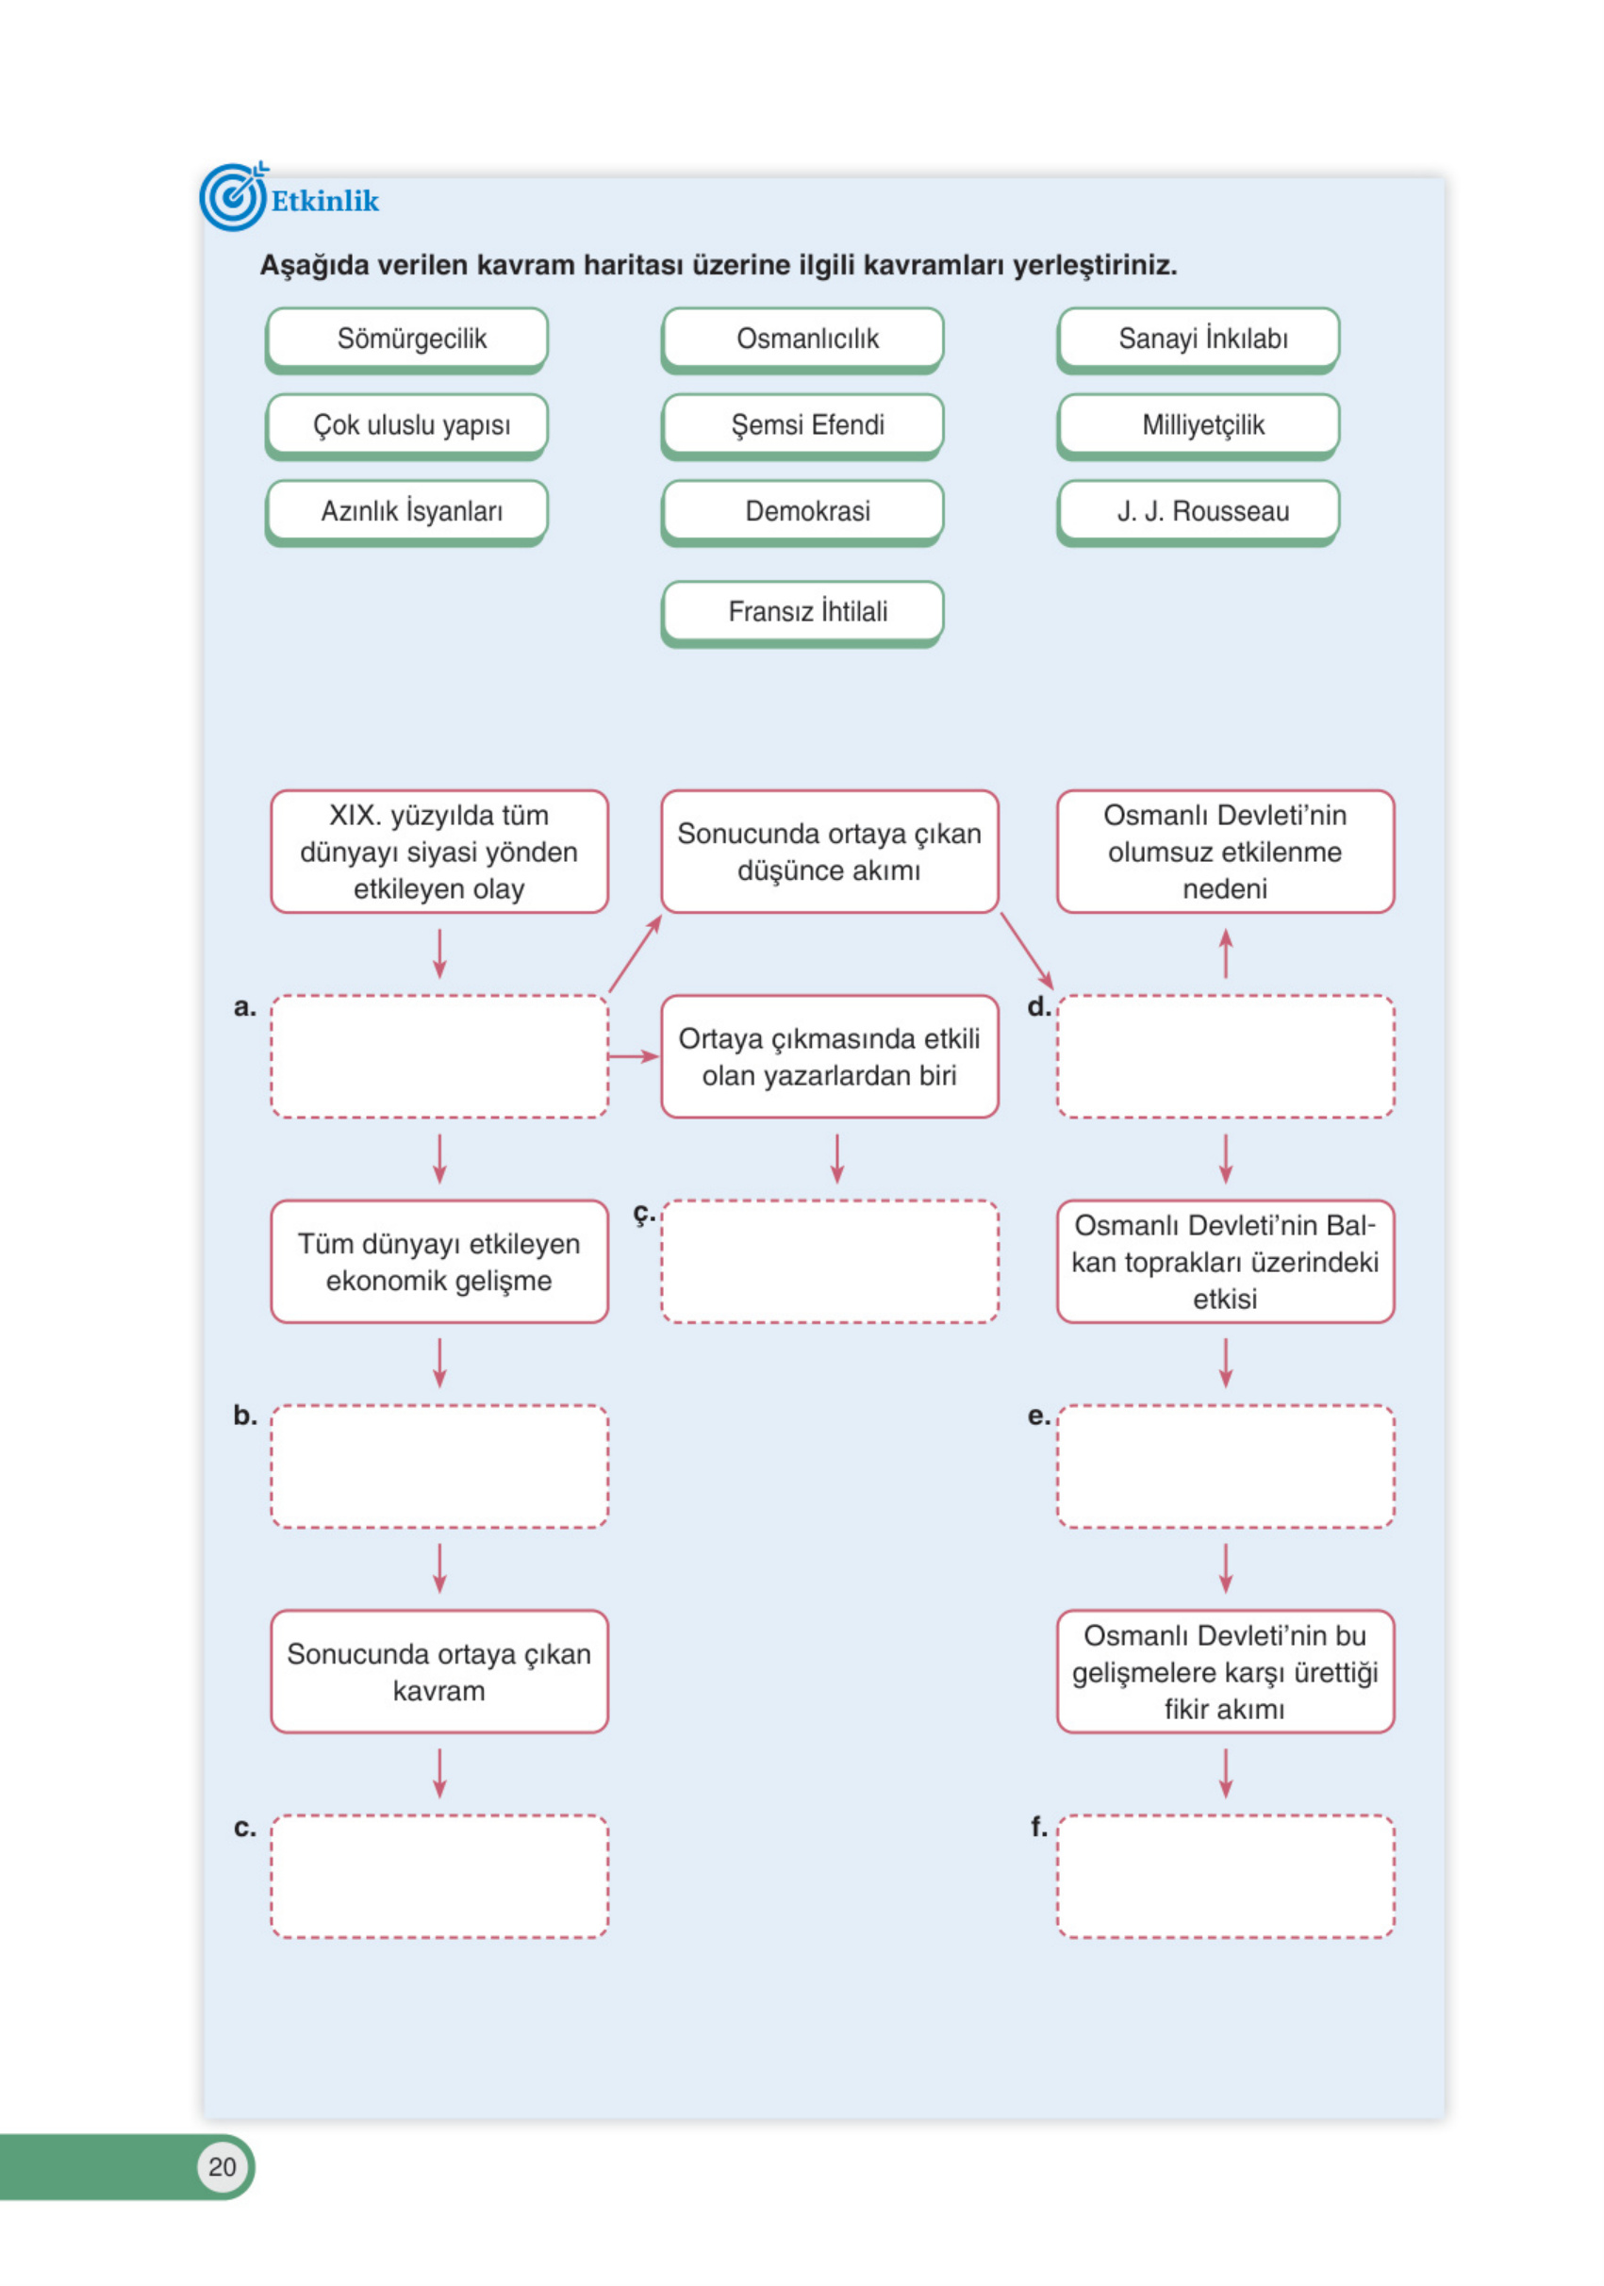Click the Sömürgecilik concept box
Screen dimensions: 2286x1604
[406, 339]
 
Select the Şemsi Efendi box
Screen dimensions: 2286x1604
[802, 425]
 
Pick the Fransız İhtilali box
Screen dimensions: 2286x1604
[802, 611]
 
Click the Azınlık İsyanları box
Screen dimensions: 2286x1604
[406, 511]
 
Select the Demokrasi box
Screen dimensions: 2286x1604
[802, 511]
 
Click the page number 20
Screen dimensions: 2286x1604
[222, 2166]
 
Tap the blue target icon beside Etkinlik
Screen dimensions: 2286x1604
[233, 197]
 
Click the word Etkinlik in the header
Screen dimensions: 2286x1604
[324, 201]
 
